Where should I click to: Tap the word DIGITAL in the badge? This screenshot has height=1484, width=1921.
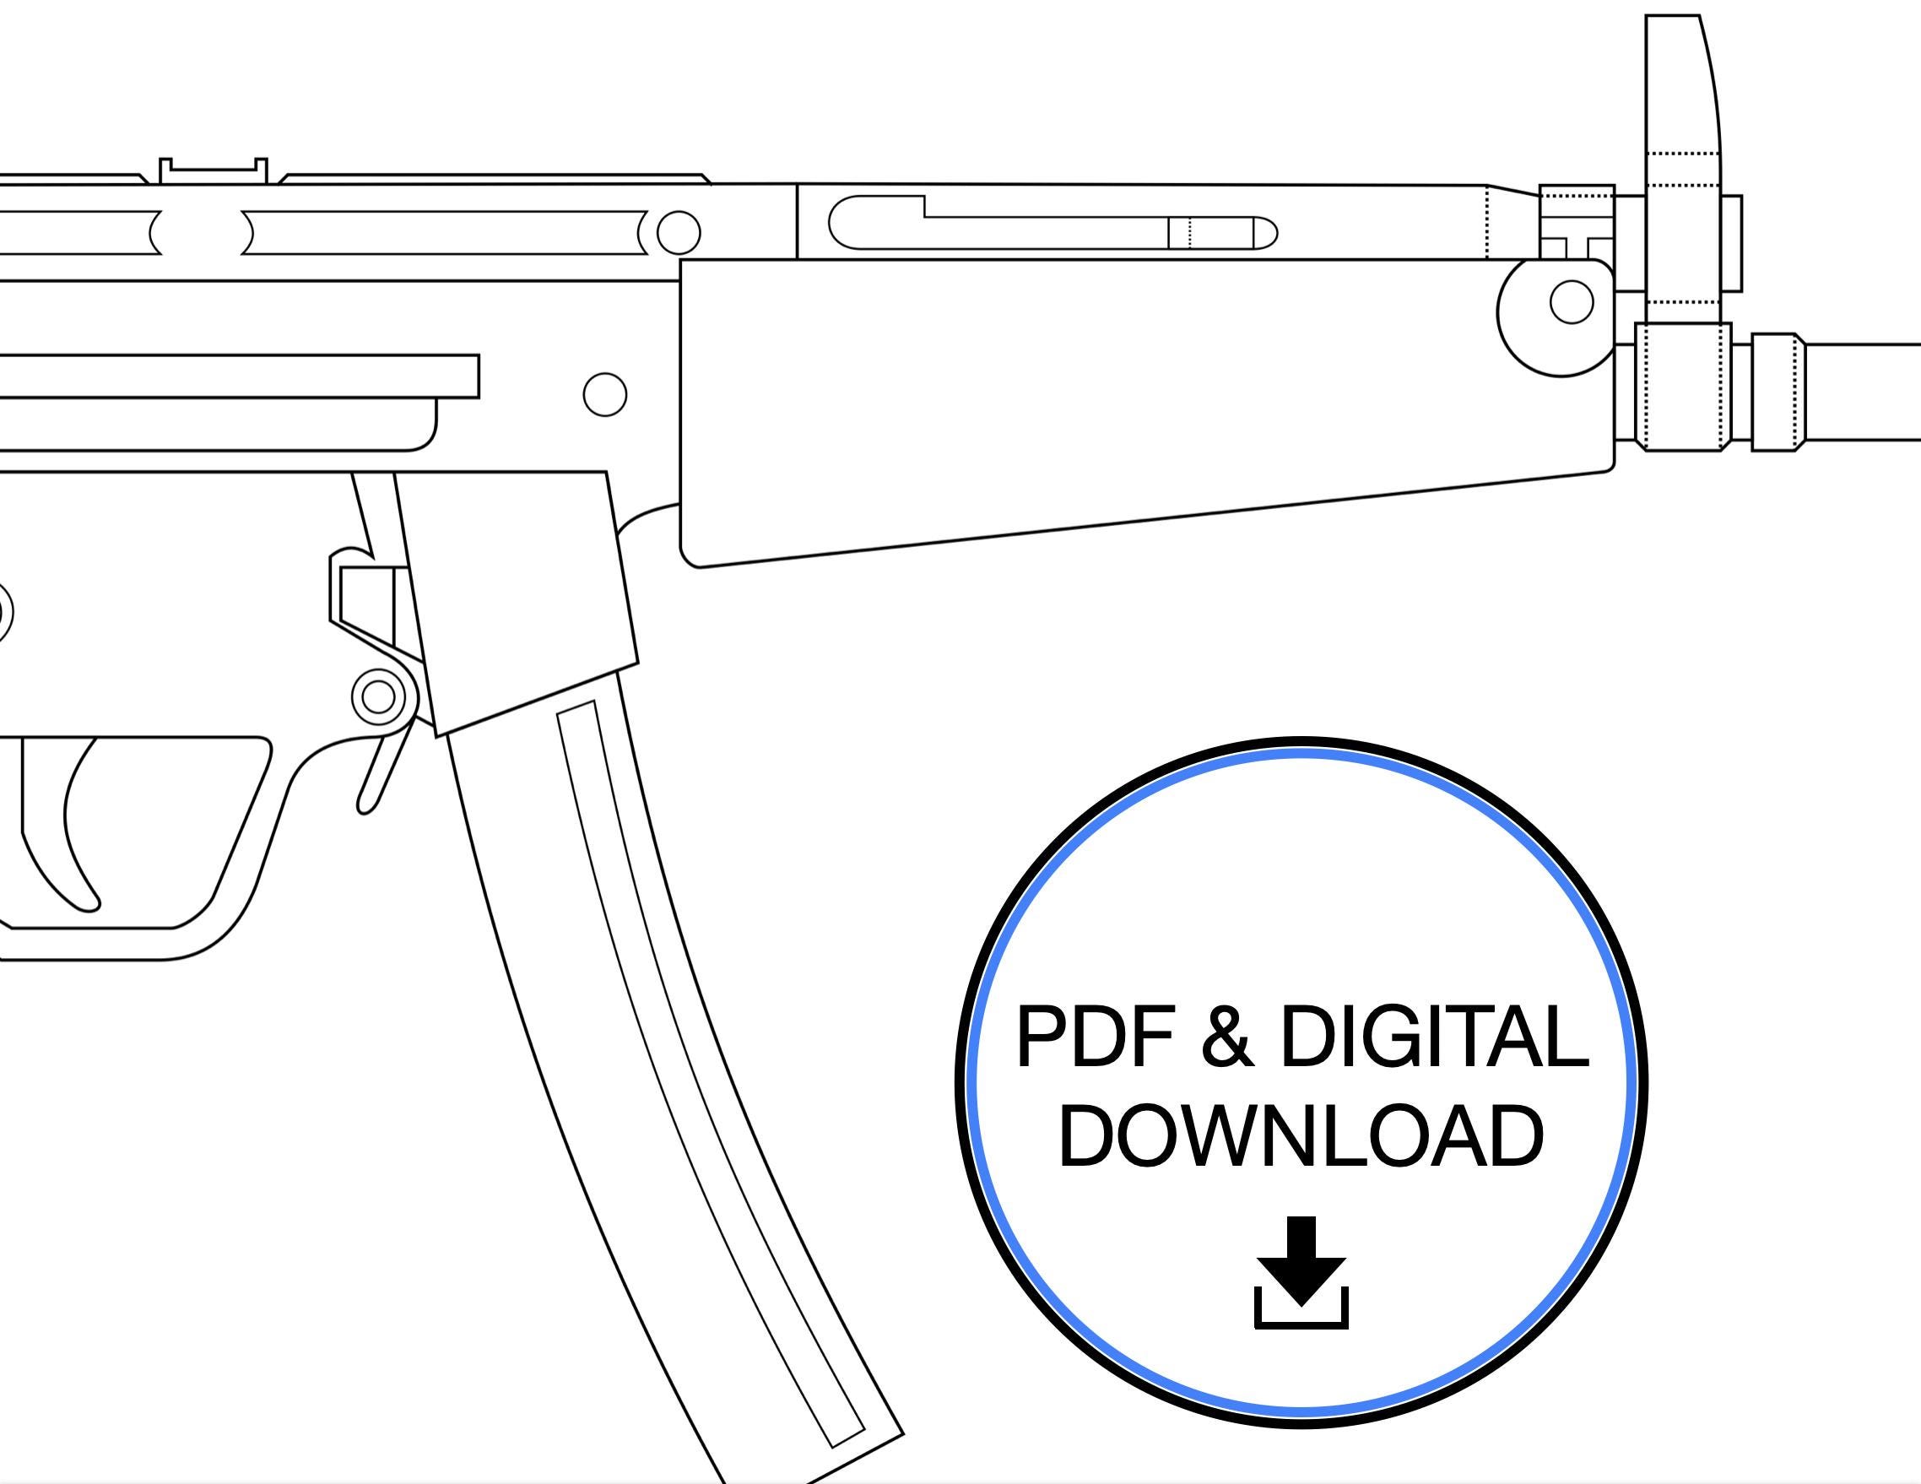tap(1433, 1038)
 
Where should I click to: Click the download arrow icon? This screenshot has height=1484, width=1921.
tap(1301, 1272)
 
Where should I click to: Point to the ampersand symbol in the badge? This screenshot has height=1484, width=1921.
tap(1226, 1038)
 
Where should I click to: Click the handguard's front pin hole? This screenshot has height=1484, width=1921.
tap(1571, 302)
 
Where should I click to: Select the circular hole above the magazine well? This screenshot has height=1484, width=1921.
tap(605, 394)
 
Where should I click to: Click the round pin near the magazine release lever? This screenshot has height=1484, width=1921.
tap(379, 696)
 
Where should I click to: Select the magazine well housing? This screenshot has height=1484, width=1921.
tap(519, 598)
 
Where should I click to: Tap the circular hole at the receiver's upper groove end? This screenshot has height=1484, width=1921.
tap(678, 233)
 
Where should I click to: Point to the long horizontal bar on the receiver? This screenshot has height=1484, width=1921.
tap(237, 376)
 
